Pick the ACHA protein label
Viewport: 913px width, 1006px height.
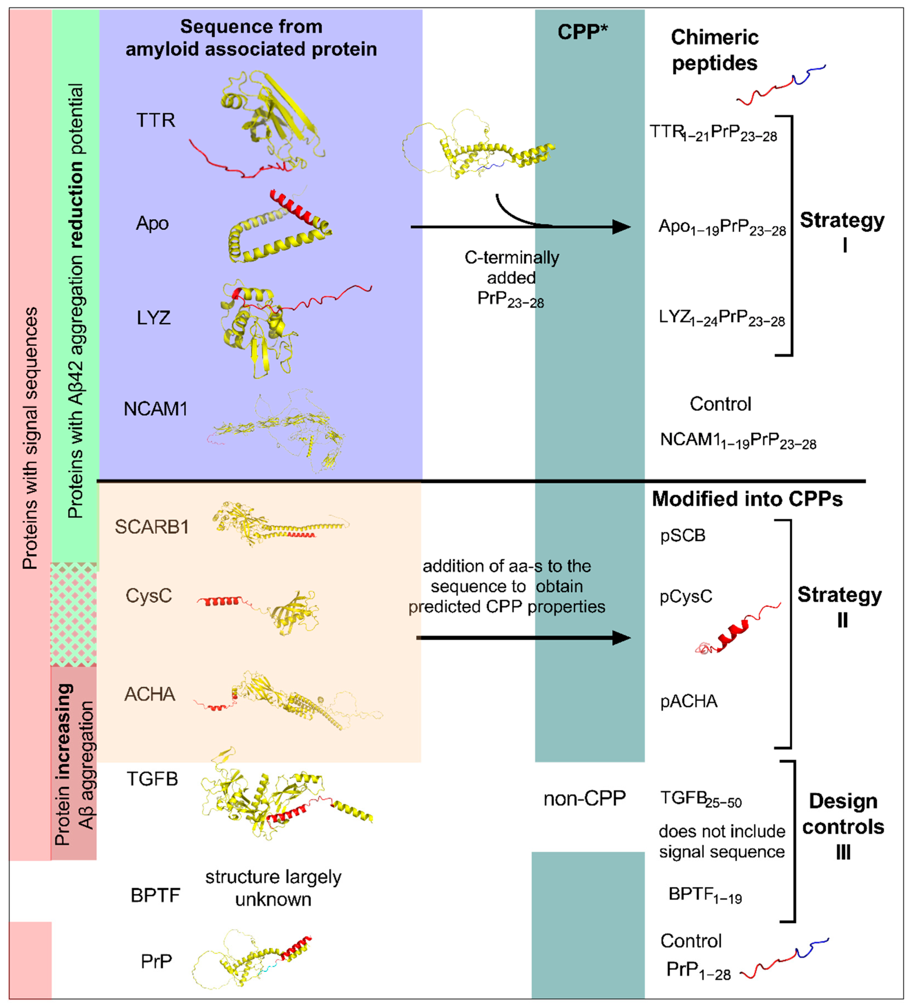point(150,694)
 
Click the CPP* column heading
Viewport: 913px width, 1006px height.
point(582,32)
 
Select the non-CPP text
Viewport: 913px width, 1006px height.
point(584,799)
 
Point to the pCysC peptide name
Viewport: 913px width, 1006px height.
point(686,596)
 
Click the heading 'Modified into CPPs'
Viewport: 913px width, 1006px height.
point(747,499)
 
